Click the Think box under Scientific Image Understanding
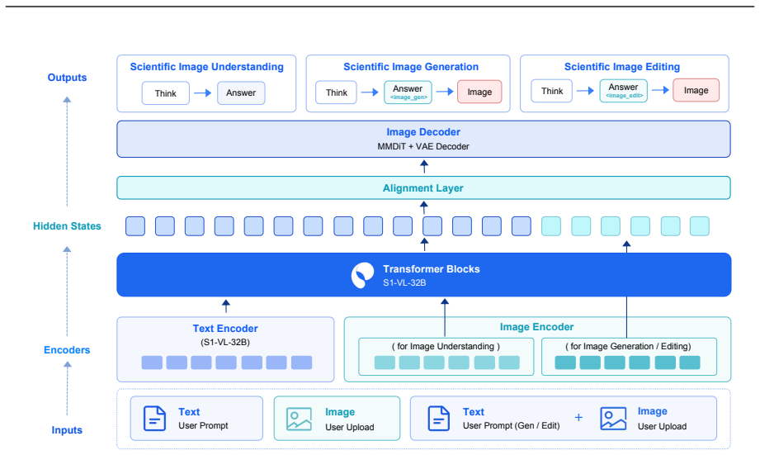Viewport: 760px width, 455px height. [x=165, y=93]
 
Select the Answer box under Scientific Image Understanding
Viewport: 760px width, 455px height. [x=241, y=92]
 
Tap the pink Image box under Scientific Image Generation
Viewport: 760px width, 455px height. [x=479, y=92]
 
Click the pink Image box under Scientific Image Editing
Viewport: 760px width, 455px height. [x=696, y=90]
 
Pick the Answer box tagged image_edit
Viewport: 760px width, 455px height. [x=623, y=91]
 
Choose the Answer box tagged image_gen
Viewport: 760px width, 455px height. [x=408, y=92]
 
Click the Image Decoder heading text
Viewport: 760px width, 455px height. [x=423, y=132]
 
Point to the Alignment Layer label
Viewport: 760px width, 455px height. [x=423, y=188]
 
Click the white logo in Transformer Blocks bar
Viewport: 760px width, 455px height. [x=362, y=275]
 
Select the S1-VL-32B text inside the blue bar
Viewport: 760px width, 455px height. [x=404, y=282]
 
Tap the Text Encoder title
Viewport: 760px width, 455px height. [x=225, y=329]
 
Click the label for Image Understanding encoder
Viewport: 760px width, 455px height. [x=446, y=346]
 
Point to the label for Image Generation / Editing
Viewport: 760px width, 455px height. [x=628, y=346]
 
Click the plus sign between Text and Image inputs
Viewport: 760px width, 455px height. [x=578, y=418]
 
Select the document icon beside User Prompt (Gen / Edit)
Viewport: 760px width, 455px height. [x=439, y=419]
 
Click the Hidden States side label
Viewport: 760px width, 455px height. [x=67, y=226]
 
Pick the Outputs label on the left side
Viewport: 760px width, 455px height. [x=67, y=78]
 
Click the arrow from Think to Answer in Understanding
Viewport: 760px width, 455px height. [x=203, y=92]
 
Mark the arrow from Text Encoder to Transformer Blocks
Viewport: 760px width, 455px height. [x=226, y=306]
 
